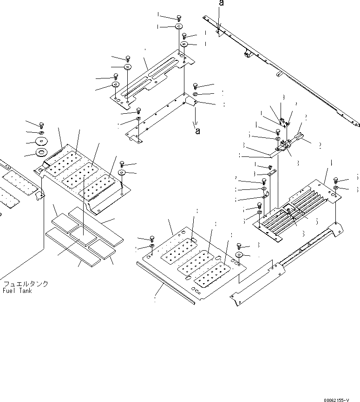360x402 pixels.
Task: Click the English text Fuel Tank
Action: point(18,291)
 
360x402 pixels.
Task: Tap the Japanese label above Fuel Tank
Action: point(26,284)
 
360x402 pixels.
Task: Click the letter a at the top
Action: point(221,3)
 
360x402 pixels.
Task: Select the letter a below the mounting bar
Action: point(197,131)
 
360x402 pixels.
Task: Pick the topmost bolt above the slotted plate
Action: point(179,18)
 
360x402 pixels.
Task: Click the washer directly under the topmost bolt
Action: point(179,27)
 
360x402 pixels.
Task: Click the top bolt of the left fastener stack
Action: point(41,124)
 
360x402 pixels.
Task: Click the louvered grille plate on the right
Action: point(297,204)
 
